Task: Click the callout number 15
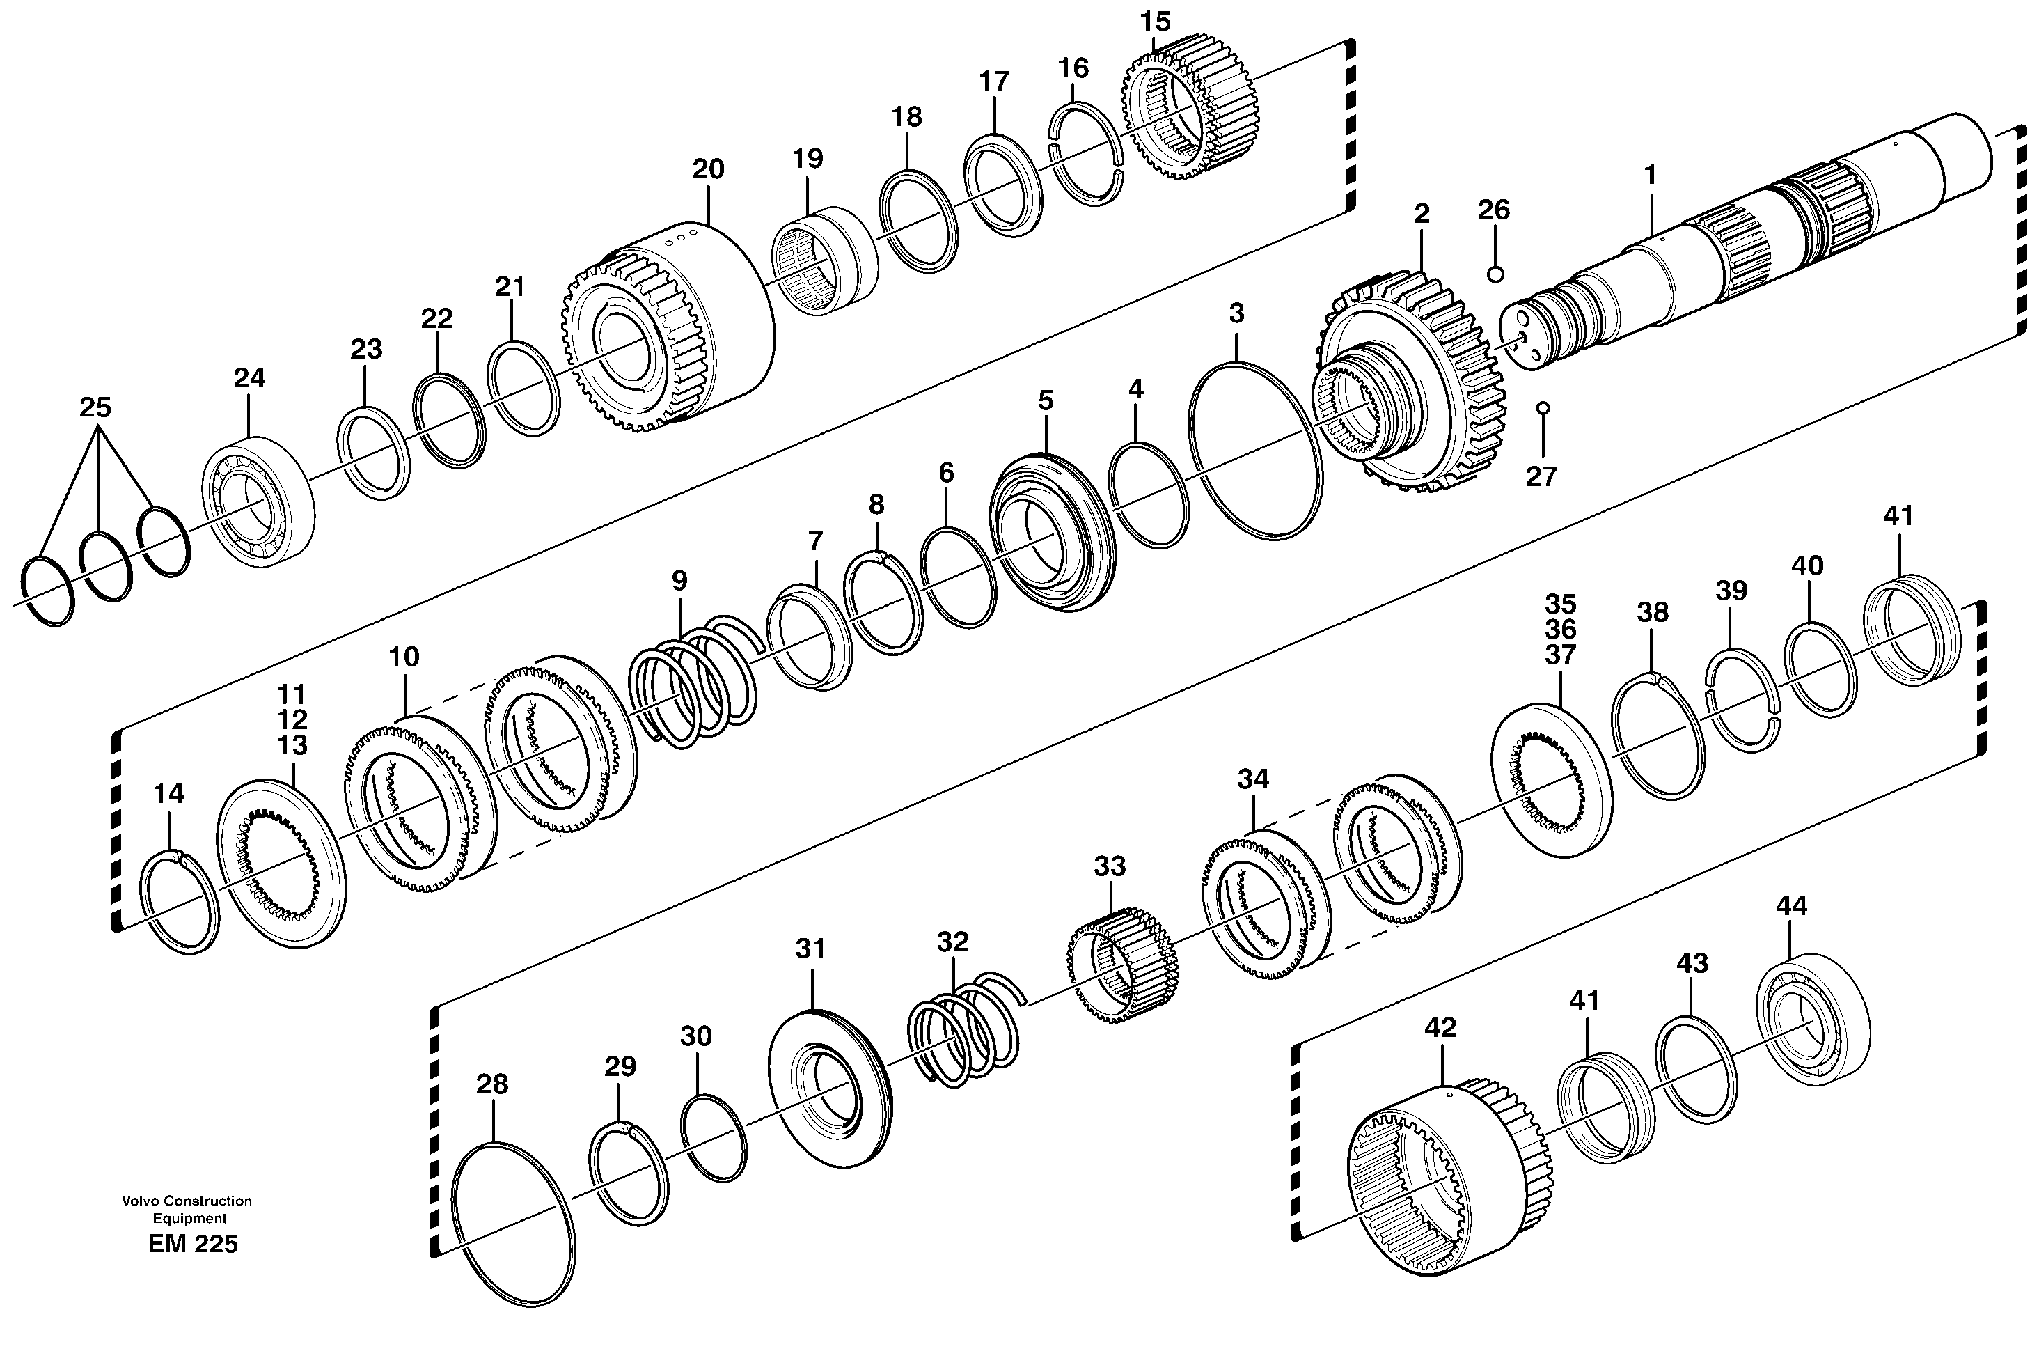click(1155, 21)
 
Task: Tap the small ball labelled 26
click(1495, 274)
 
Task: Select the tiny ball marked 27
click(1543, 407)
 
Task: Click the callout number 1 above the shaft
click(1649, 175)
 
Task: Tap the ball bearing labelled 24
click(258, 501)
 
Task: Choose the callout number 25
click(96, 407)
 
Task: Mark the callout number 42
click(1440, 1027)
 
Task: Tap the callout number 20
click(707, 169)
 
